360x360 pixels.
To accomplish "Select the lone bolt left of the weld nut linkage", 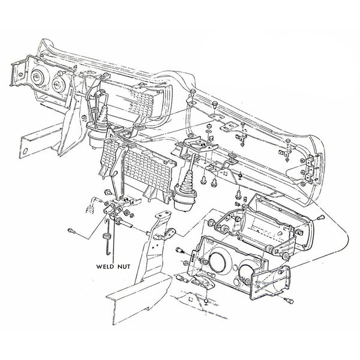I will point(72,229).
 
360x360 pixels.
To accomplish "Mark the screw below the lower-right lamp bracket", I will point(205,300).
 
